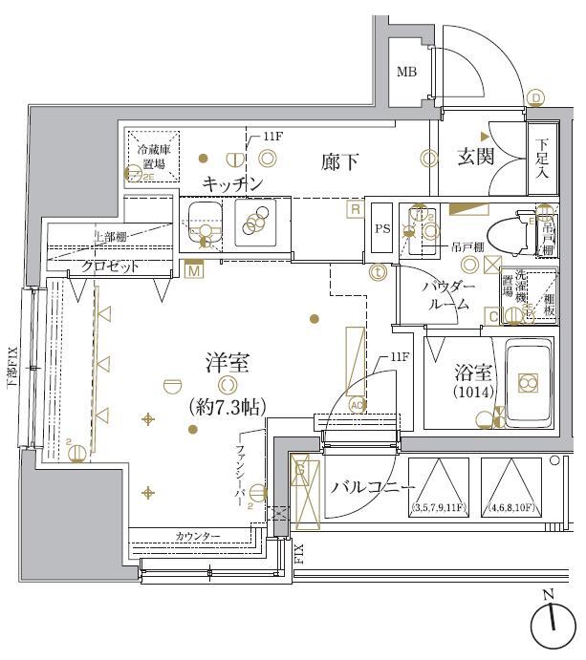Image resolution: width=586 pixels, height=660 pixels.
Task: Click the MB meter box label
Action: tap(406, 73)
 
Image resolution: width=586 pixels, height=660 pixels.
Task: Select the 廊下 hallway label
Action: tap(340, 162)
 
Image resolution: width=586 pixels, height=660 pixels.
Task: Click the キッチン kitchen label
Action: tap(232, 183)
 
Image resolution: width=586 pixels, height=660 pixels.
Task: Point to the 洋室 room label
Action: tap(227, 363)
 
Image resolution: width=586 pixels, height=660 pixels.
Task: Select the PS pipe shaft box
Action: tap(381, 229)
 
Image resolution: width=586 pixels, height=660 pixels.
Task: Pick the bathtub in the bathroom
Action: tap(528, 383)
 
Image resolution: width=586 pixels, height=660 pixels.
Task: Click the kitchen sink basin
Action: tap(202, 225)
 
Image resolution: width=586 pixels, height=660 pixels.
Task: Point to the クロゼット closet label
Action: tap(110, 266)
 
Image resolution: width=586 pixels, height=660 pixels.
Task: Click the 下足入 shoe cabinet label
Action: tap(541, 158)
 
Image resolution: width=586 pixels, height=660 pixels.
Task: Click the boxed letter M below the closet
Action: tap(195, 271)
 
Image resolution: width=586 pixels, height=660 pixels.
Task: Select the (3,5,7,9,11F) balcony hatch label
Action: tap(439, 507)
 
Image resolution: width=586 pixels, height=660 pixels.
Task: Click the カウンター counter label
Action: tap(197, 537)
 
